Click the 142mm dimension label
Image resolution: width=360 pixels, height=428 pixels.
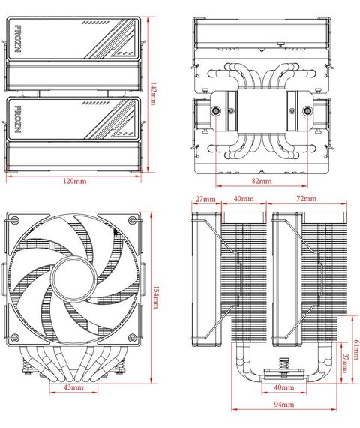(153, 93)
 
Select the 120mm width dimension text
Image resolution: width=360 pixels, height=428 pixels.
(75, 181)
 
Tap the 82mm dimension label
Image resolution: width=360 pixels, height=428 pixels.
(262, 181)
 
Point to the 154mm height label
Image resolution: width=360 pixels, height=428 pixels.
(155, 297)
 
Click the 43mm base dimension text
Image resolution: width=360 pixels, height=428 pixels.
(73, 387)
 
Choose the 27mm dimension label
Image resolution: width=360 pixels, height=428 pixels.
(205, 199)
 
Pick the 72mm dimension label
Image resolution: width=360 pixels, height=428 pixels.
(306, 199)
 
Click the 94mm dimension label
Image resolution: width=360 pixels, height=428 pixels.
(284, 405)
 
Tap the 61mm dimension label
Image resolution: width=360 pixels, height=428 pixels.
(356, 350)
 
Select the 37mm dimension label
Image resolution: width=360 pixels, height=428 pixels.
(345, 363)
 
